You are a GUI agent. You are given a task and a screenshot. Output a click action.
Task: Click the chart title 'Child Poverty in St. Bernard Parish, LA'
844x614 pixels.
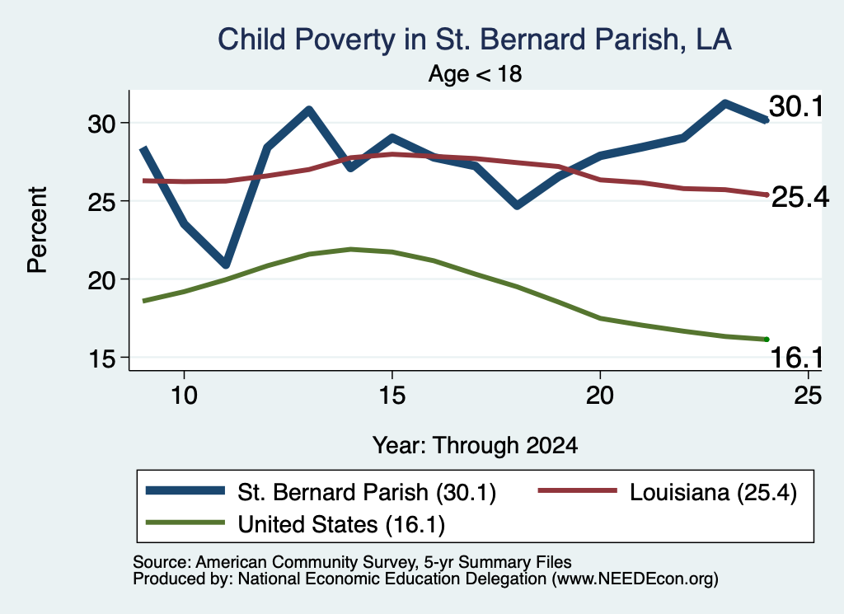[474, 40]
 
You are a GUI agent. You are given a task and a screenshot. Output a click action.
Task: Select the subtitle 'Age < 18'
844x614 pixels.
[475, 73]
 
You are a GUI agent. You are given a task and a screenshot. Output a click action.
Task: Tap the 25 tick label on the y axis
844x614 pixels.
[101, 202]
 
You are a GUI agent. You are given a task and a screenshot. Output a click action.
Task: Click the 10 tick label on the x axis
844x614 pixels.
[184, 396]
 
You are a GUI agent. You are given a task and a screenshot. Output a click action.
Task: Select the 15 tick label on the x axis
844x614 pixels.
[392, 396]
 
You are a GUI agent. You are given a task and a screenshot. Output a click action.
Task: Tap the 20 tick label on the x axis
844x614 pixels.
[600, 396]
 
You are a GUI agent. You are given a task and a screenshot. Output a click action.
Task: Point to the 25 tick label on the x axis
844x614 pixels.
[808, 396]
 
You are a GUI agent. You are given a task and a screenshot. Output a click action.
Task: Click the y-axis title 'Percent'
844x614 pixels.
[37, 230]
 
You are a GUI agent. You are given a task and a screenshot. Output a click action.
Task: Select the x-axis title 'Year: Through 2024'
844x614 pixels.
[475, 446]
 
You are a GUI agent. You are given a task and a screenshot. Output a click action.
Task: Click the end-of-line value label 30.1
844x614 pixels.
[796, 106]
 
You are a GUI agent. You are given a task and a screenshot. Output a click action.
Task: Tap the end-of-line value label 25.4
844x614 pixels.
[800, 198]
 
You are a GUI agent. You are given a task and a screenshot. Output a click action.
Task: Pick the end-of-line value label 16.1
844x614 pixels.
[797, 358]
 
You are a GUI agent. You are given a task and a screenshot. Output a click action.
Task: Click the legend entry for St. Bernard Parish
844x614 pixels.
[321, 492]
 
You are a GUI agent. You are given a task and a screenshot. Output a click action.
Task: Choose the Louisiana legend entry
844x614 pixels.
[668, 492]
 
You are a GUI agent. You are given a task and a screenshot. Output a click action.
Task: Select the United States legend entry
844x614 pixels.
[296, 523]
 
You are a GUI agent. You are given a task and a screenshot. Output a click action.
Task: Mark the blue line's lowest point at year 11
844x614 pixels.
[226, 264]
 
